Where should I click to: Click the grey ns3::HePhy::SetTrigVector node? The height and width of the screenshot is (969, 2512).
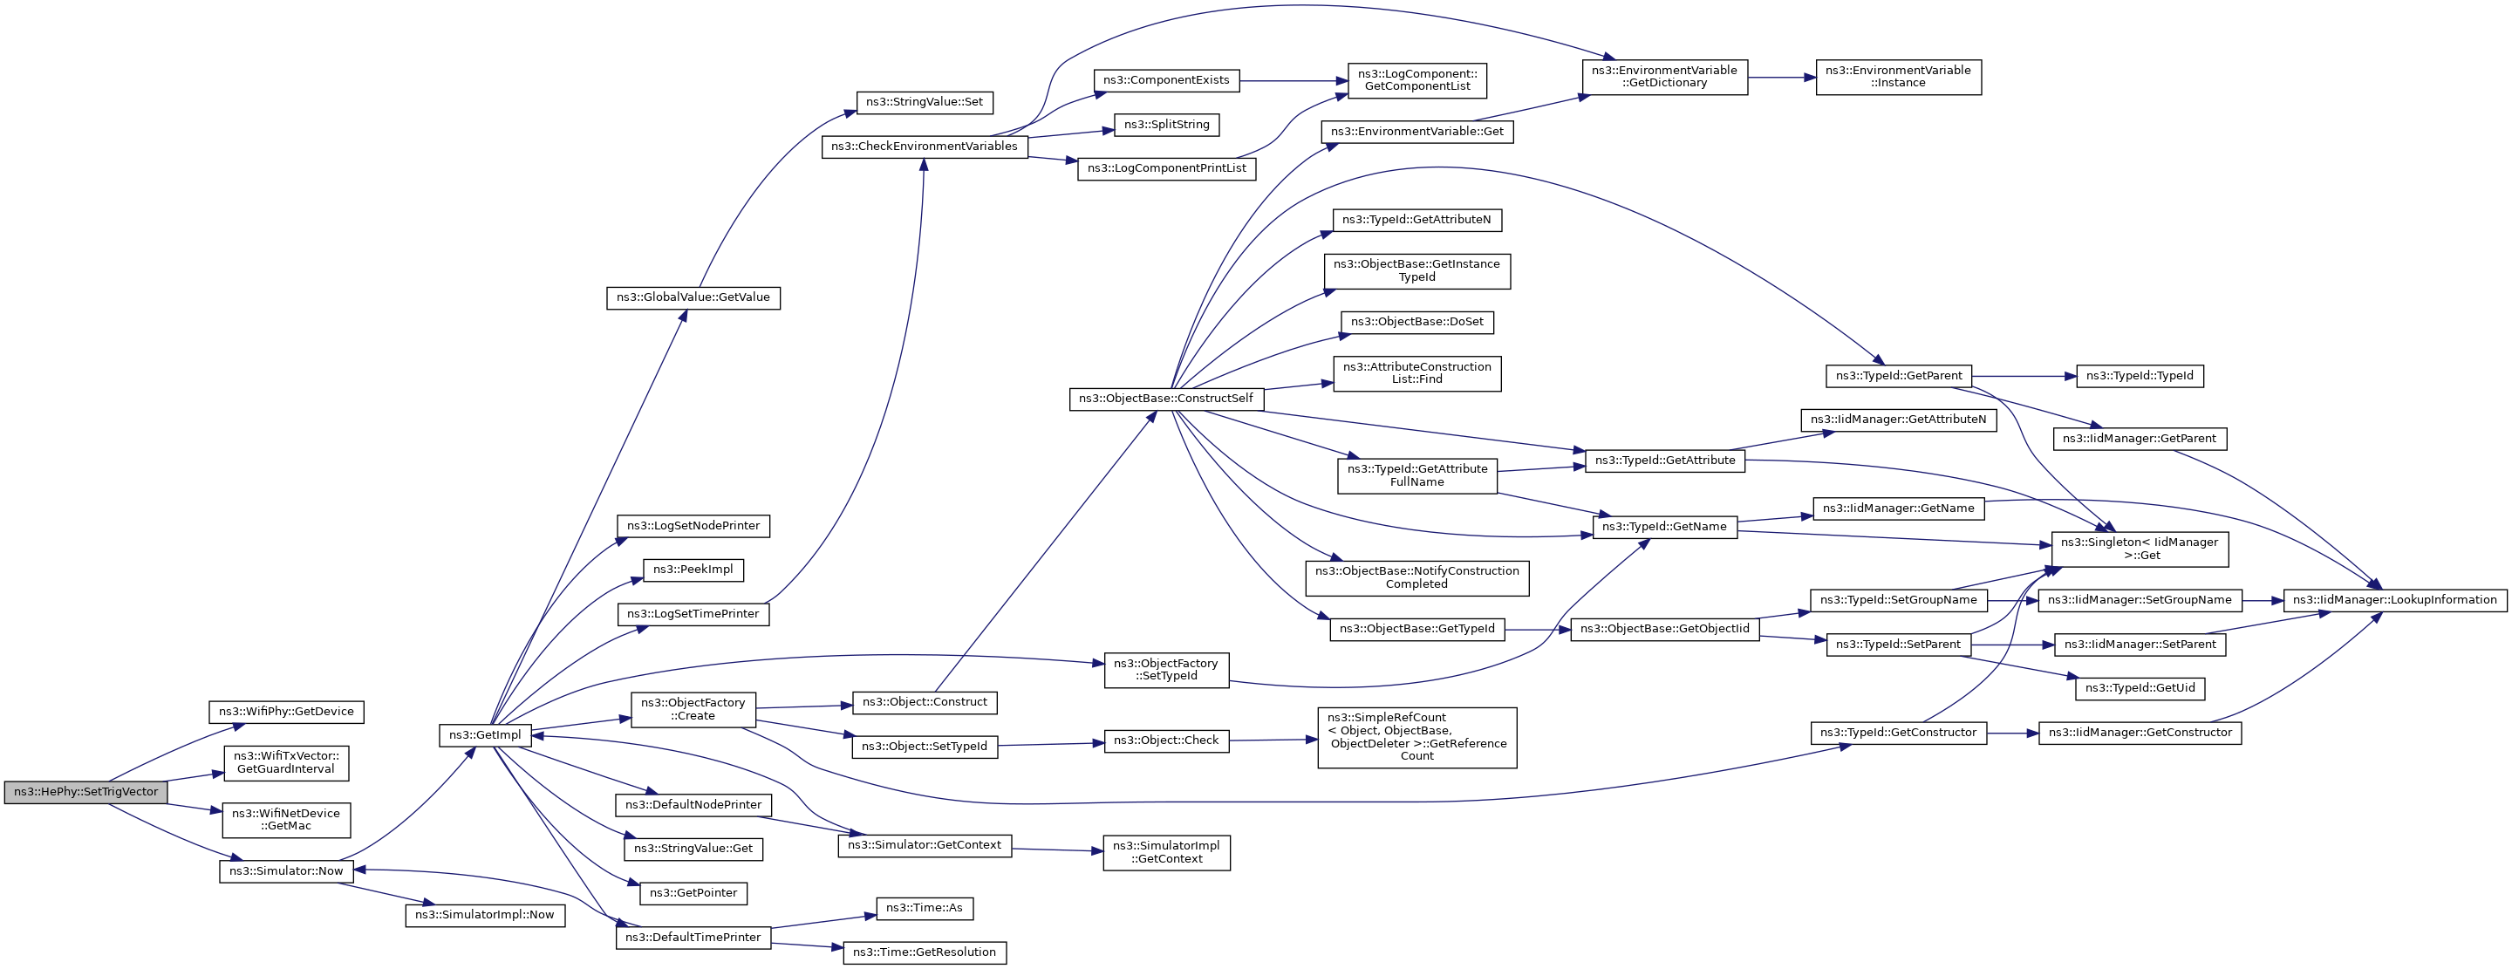[x=85, y=793]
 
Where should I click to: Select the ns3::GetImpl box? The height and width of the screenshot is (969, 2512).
[x=485, y=735]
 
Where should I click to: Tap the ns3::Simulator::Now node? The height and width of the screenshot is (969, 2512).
[x=286, y=871]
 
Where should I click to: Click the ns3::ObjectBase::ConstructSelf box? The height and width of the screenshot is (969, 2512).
[x=1165, y=399]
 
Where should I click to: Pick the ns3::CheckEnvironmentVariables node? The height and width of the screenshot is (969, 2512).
[x=924, y=147]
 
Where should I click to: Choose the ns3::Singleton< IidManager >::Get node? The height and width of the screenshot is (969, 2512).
[x=2140, y=549]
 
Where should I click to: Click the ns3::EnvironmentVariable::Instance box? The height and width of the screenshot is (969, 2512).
[x=1898, y=77]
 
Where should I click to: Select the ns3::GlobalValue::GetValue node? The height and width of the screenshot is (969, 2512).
[x=693, y=298]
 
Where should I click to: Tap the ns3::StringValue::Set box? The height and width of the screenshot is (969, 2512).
[x=925, y=102]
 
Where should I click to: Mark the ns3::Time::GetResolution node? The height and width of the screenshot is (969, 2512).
[x=924, y=952]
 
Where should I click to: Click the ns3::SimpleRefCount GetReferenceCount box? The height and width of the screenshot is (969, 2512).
[x=1416, y=737]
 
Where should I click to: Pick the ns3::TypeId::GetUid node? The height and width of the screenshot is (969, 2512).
[x=2140, y=688]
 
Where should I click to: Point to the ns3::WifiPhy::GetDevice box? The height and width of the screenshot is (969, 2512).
[x=286, y=712]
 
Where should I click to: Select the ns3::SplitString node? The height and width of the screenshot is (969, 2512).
[x=1166, y=125]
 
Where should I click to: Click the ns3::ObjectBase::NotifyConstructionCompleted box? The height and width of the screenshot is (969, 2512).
[x=1416, y=578]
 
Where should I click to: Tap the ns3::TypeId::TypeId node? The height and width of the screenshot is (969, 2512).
[x=2140, y=376]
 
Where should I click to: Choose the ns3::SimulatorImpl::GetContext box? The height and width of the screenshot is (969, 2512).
[x=1166, y=852]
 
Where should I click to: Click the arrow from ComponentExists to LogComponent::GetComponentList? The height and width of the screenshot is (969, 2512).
[x=1293, y=81]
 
